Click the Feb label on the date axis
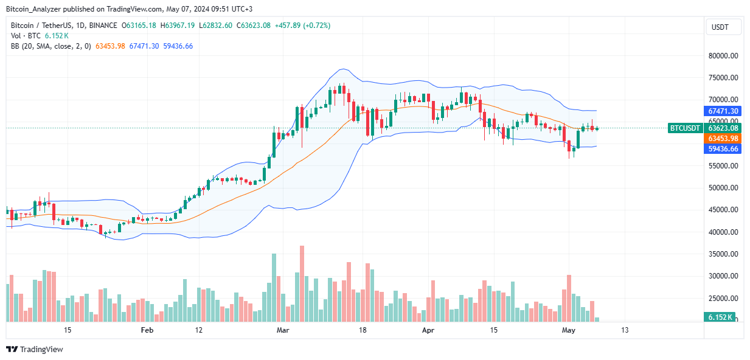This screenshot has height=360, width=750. [x=147, y=330]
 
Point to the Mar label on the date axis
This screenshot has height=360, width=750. [x=282, y=330]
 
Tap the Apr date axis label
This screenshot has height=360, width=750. [x=428, y=330]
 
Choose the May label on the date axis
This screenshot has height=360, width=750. [x=569, y=330]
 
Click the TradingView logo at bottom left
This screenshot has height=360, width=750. [x=35, y=349]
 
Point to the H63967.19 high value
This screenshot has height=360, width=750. [x=178, y=26]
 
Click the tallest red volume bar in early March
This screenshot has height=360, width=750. [x=302, y=283]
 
